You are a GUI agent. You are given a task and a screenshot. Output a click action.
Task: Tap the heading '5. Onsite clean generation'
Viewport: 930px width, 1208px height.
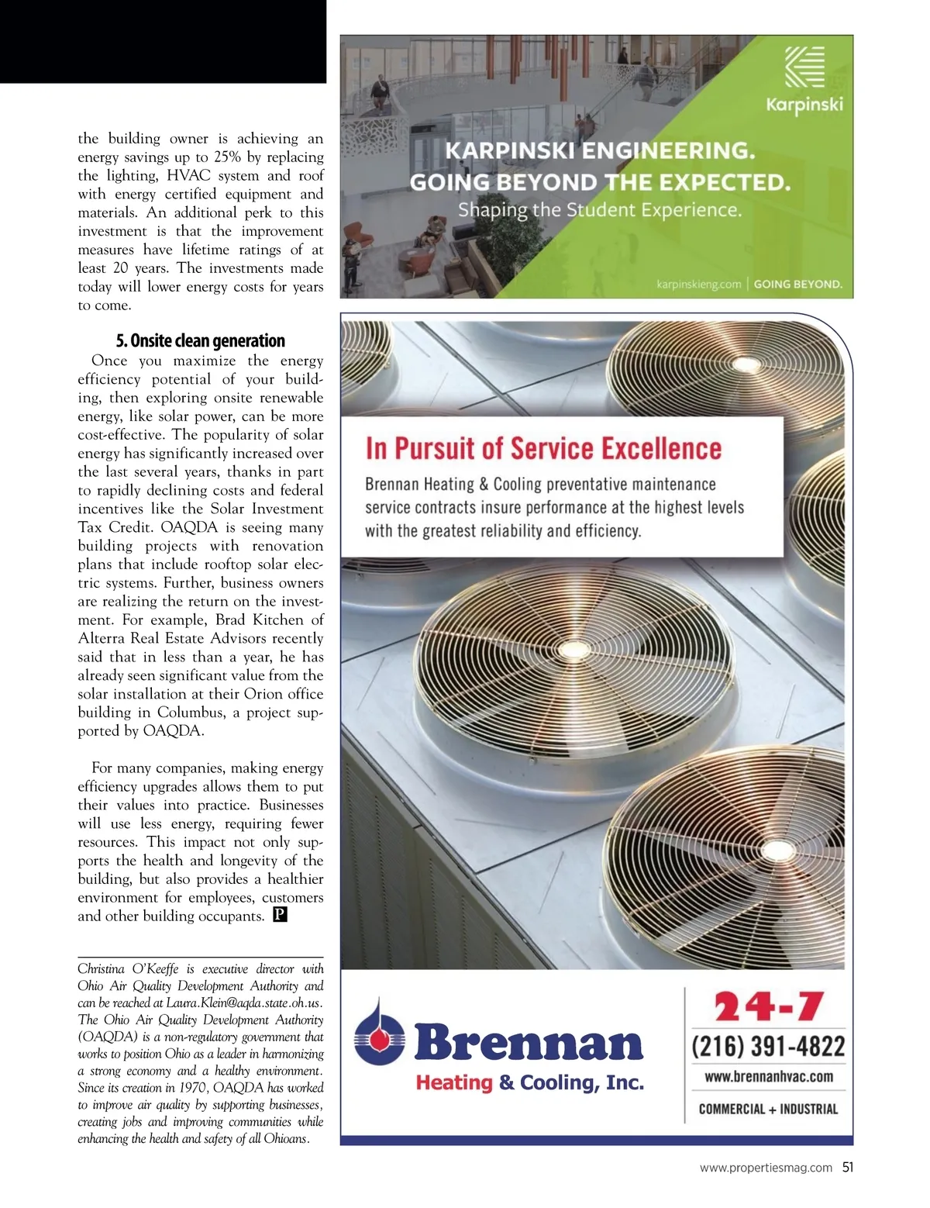point(200,341)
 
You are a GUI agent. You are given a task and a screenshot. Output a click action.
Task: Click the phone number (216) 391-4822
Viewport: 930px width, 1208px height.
point(767,1046)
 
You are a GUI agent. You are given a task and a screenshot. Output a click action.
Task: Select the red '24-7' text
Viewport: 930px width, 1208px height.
point(767,1007)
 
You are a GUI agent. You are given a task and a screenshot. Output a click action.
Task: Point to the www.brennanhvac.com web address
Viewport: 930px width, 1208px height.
point(768,1076)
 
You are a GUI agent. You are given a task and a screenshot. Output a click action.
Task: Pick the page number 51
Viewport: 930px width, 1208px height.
point(847,1167)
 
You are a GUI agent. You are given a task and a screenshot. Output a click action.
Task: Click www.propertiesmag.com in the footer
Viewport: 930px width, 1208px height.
point(766,1168)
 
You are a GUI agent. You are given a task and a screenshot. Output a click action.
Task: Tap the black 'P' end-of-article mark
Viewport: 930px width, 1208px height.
point(280,916)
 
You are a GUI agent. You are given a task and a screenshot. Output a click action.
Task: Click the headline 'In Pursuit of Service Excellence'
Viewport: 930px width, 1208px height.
point(543,449)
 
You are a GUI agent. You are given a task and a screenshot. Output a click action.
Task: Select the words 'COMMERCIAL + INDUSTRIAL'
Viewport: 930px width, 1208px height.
point(768,1109)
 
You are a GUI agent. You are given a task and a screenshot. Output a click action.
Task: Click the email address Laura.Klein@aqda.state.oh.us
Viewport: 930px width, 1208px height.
point(243,1003)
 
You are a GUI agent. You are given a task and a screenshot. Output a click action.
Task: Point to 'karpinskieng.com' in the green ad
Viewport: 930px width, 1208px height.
point(698,284)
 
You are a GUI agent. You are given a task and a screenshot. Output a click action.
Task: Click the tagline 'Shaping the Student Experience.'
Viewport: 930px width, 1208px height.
point(599,210)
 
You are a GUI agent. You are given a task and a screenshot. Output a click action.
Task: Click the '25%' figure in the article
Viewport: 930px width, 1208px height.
point(227,157)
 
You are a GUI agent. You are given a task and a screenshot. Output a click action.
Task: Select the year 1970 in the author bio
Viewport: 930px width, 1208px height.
point(191,1088)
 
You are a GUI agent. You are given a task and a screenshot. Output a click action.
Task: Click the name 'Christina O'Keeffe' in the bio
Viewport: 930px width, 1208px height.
point(128,969)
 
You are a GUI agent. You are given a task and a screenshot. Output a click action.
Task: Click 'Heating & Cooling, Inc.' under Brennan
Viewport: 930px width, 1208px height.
point(529,1082)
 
